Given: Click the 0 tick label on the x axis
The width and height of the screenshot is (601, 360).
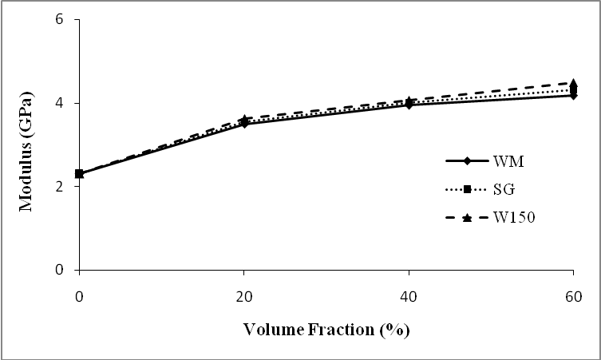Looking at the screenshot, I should (79, 293).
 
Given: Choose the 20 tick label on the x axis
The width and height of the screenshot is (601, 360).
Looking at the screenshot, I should (244, 293).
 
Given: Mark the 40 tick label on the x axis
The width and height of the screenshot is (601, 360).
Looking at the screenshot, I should (409, 293).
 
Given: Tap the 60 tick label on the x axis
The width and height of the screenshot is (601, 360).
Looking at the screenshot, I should (573, 293).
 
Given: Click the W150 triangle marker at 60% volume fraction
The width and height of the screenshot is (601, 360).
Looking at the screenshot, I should (573, 82).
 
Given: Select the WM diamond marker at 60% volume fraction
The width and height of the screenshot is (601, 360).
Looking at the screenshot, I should (573, 95).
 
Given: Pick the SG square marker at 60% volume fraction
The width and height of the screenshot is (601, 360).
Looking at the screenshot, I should (573, 89).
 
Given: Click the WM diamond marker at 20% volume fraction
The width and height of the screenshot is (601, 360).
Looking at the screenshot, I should (244, 124).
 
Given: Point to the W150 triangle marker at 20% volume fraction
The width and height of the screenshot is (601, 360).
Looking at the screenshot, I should (244, 118).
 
